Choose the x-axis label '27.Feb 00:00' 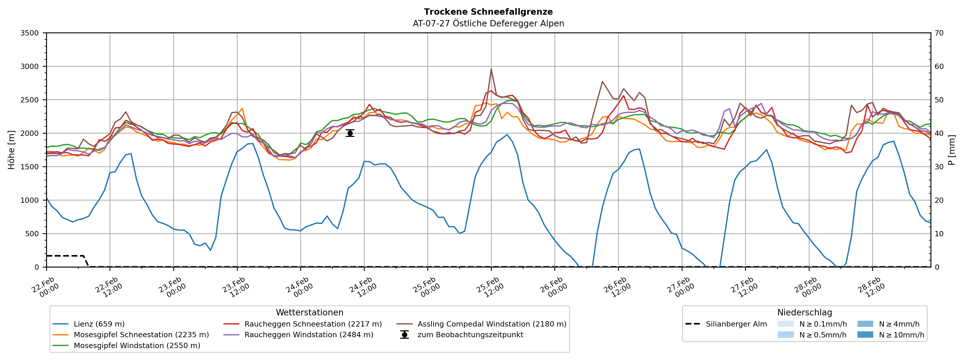click(x=680, y=288)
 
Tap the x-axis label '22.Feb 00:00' click(x=45, y=288)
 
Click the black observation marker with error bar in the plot click(x=350, y=133)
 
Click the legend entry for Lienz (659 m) click(x=99, y=324)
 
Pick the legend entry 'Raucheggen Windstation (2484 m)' click(x=308, y=335)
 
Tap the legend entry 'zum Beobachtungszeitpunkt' click(x=470, y=335)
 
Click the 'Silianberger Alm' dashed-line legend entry click(x=736, y=324)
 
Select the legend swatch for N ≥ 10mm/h click(x=865, y=335)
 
